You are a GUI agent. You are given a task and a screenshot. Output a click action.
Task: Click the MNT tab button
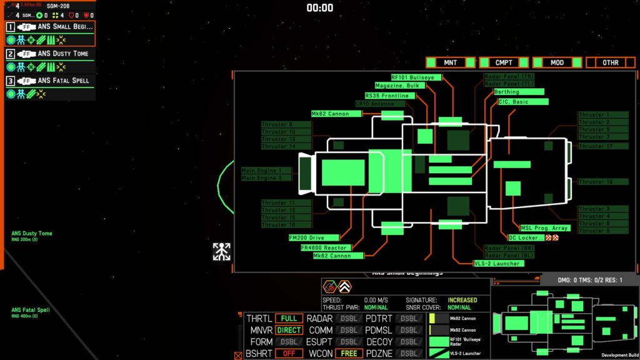tap(450, 62)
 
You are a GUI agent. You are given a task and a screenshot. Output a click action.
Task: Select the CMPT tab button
tap(504, 62)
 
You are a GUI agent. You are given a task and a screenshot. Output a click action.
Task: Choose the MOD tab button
tap(557, 62)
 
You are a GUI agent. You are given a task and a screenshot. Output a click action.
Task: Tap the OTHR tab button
tap(610, 62)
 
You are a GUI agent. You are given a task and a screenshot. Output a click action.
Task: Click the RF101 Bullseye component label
tap(416, 77)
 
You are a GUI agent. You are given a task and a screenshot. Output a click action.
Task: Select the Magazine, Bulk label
tap(397, 86)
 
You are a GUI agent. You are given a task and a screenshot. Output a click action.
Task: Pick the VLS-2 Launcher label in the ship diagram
tap(498, 263)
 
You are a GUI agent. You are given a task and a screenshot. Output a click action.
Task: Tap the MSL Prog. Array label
tap(544, 228)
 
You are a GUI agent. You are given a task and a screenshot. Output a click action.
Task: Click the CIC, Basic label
tap(523, 101)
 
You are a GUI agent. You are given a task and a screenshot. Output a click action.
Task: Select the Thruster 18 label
tap(602, 182)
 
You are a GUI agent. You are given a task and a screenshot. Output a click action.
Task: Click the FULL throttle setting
tap(289, 319)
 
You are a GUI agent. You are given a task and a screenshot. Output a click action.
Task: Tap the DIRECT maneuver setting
tap(289, 330)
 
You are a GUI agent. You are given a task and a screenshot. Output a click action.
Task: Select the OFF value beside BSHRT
tap(289, 353)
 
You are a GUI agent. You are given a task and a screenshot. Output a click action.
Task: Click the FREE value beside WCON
tap(349, 353)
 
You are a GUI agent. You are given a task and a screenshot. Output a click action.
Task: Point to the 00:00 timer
tap(319, 8)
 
